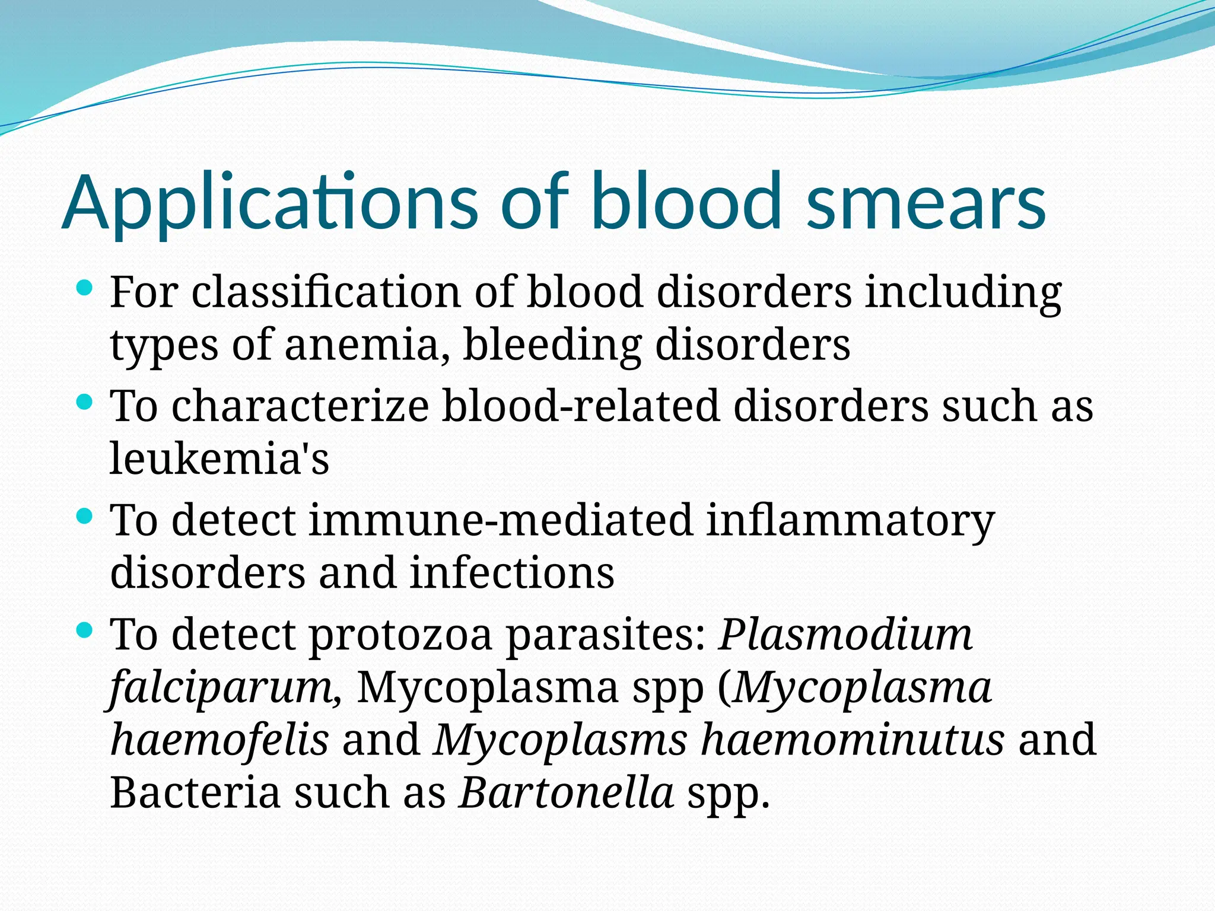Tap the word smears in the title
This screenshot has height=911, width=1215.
click(926, 202)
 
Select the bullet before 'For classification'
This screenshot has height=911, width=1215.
click(85, 289)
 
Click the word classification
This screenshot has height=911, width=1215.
click(326, 292)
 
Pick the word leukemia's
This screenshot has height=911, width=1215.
click(219, 458)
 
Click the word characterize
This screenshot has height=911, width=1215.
click(300, 406)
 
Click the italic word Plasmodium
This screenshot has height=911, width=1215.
click(845, 635)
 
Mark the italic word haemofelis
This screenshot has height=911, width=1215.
click(220, 740)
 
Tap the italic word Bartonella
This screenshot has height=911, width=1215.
click(567, 793)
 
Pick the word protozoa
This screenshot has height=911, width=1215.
click(401, 635)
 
